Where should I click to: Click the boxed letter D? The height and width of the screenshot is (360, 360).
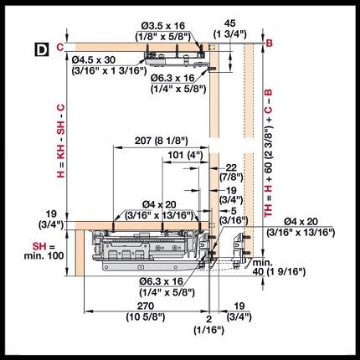42,49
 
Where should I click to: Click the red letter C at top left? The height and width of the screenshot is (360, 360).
60,47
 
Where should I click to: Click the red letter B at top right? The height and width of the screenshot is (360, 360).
269,44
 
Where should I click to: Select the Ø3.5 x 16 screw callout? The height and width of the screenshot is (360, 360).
163,31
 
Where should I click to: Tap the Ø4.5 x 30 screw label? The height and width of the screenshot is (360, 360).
109,65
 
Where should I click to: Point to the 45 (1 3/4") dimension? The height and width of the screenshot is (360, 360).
230,28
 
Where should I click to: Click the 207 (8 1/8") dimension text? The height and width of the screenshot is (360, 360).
162,141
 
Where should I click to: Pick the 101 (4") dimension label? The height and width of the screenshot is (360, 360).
185,155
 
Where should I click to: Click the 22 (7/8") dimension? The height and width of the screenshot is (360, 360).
231,172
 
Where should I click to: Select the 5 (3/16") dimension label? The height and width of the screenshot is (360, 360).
234,215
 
